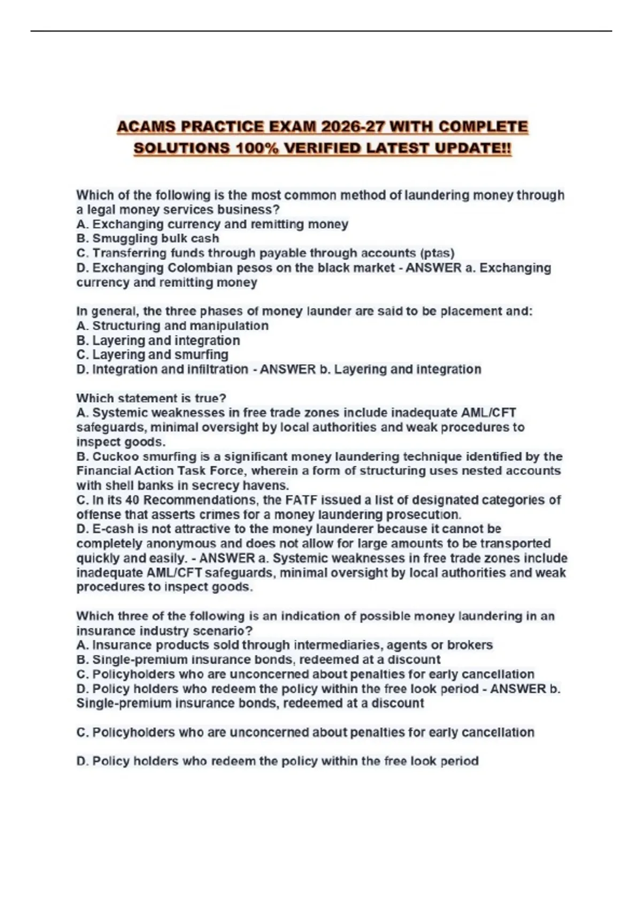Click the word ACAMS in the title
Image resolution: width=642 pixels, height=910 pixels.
[x=146, y=127]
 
